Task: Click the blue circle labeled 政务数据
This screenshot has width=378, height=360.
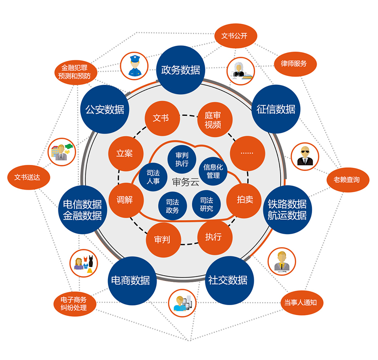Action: click(x=181, y=69)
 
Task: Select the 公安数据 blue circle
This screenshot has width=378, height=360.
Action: click(x=105, y=110)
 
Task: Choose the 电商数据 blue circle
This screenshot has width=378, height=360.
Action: click(x=130, y=280)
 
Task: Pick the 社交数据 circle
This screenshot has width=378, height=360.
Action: click(x=228, y=280)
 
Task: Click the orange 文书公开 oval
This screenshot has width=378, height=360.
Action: click(x=234, y=36)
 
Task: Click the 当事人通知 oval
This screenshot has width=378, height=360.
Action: click(x=301, y=303)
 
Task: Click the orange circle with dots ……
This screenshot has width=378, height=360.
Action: click(x=247, y=153)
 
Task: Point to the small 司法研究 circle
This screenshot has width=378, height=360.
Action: click(x=206, y=204)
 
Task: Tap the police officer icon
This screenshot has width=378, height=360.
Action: click(x=133, y=66)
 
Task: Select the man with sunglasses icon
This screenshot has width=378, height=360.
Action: click(x=305, y=156)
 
